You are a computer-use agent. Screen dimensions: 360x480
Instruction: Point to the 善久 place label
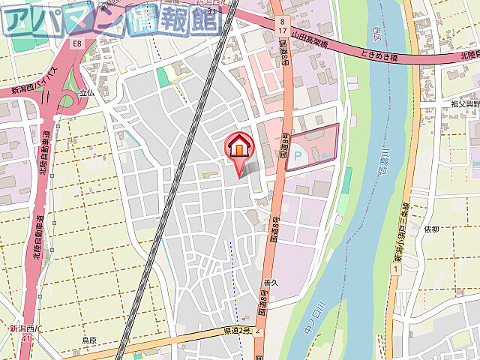coord(271,283)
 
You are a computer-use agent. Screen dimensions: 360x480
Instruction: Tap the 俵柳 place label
coord(431,229)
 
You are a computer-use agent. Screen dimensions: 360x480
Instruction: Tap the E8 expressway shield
coord(76,44)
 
